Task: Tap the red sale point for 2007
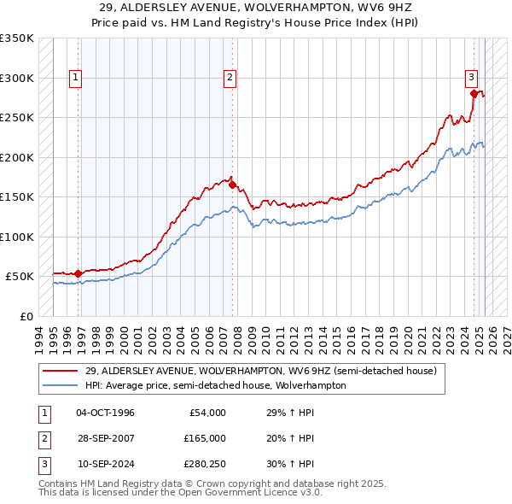(x=232, y=184)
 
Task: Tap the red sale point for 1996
(x=78, y=273)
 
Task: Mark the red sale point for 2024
(x=474, y=92)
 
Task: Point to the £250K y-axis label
(x=17, y=118)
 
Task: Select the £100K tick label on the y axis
(x=17, y=237)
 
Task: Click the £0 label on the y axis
(x=26, y=316)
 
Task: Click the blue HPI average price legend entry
(x=215, y=385)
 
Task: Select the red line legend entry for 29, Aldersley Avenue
(x=260, y=371)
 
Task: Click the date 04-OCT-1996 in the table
(x=105, y=413)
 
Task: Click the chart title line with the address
(x=256, y=7)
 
